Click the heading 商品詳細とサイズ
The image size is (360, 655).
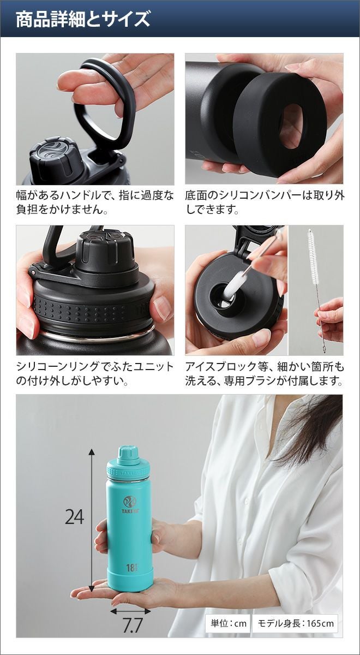(x=83, y=20)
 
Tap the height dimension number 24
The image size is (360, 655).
(x=75, y=516)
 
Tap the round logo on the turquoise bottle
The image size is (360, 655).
(x=130, y=502)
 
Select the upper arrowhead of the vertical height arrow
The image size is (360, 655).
(x=92, y=452)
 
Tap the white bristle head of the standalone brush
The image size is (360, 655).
(x=313, y=257)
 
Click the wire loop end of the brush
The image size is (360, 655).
(x=324, y=349)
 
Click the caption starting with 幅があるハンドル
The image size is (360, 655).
(x=95, y=203)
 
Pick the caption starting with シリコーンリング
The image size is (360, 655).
(x=95, y=373)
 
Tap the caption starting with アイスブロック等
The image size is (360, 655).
(x=265, y=373)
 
